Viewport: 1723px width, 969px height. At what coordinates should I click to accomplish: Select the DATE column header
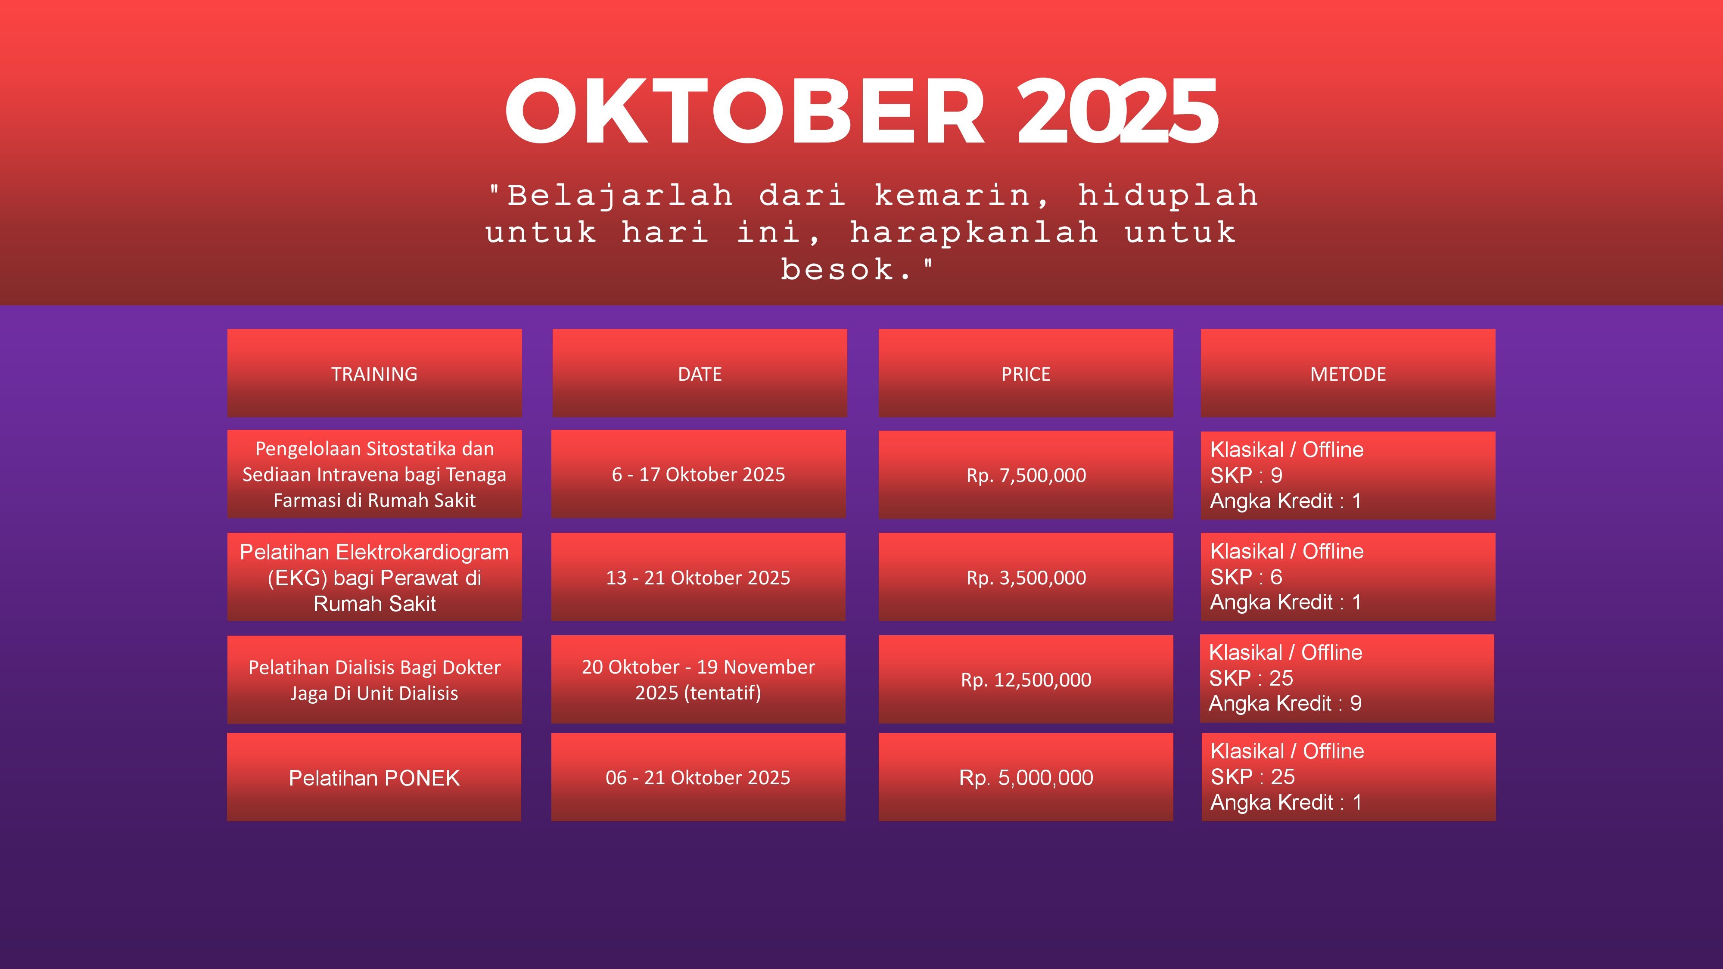click(x=700, y=374)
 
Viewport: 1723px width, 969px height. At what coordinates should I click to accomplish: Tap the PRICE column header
click(x=1025, y=374)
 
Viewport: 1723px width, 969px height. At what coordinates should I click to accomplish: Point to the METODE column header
click(x=1348, y=374)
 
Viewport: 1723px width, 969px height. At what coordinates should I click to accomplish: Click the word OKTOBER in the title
click(x=744, y=111)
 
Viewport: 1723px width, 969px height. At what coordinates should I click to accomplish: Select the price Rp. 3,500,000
click(x=1026, y=578)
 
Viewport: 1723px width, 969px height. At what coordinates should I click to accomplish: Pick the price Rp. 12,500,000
click(x=1026, y=680)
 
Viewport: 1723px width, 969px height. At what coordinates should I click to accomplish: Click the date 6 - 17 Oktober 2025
click(x=698, y=474)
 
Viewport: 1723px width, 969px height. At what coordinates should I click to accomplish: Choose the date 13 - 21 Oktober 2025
click(x=698, y=578)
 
